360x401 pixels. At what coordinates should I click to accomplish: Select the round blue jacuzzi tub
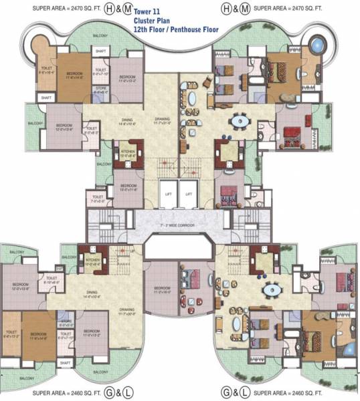coord(314,47)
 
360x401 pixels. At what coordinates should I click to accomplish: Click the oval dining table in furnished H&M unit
coord(240,122)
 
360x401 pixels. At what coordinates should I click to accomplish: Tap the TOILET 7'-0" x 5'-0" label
coord(98,198)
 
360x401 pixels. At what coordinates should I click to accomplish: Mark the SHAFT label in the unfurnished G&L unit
coord(64,363)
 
